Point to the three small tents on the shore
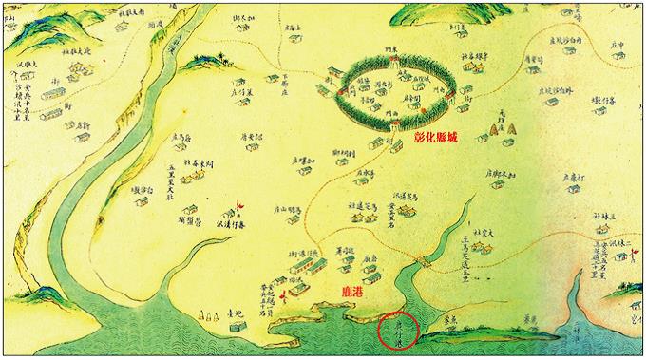(203, 314)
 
